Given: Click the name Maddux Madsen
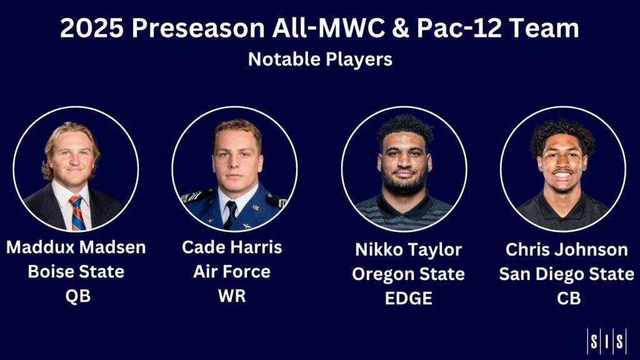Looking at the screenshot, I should click(76, 247).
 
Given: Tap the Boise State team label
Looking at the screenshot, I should click(76, 272).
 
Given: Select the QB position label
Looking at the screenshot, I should click(78, 296).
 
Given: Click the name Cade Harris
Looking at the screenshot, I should click(232, 247).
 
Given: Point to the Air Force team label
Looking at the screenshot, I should click(232, 272).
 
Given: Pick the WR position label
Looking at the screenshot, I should click(232, 296).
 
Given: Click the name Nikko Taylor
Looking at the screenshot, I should click(408, 250).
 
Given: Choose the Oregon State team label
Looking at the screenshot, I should click(408, 274).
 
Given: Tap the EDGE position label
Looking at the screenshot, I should click(408, 298).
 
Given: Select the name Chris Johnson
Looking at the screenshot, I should click(566, 250).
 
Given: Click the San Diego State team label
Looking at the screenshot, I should click(566, 274).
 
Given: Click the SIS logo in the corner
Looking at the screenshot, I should click(606, 341).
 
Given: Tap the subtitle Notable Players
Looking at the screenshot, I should click(320, 59).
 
